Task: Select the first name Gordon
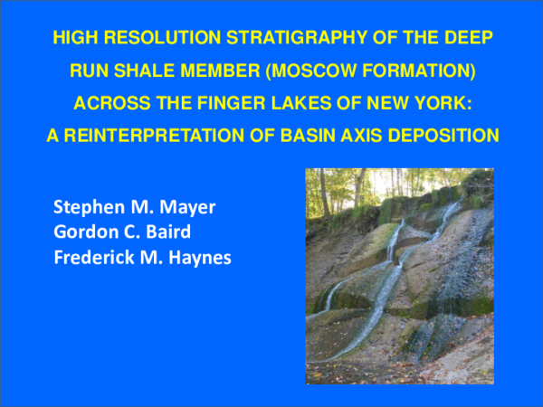pos(81,232)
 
